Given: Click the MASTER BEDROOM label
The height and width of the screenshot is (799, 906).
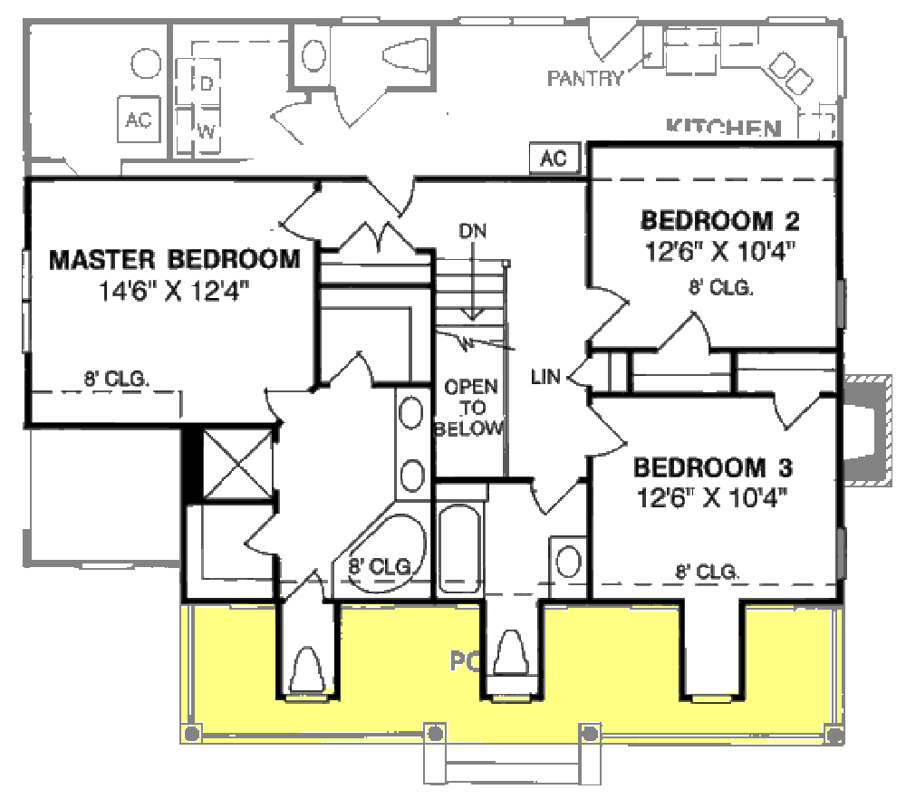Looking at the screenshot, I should (x=174, y=260).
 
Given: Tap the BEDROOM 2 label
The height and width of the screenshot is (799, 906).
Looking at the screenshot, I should (x=719, y=221).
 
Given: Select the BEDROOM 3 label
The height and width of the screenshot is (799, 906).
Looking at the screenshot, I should (x=713, y=468).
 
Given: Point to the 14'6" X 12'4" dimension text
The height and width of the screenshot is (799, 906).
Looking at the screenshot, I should (x=173, y=291).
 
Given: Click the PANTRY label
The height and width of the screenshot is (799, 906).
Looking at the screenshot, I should (x=585, y=79).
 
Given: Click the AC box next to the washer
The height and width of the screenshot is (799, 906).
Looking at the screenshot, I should (x=138, y=120).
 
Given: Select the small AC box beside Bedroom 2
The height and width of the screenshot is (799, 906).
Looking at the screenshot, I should (x=554, y=159).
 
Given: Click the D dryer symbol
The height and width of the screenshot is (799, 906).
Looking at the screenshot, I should (x=207, y=84).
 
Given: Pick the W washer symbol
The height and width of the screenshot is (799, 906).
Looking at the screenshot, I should (x=207, y=131).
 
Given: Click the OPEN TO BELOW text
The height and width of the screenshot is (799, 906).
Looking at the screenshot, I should (x=469, y=408).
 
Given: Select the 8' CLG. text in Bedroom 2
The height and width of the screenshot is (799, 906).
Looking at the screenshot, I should (x=721, y=288).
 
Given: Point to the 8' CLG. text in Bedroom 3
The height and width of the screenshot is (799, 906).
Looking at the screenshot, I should (x=707, y=572).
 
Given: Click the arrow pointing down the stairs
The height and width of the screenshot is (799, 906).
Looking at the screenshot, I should (x=471, y=290).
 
